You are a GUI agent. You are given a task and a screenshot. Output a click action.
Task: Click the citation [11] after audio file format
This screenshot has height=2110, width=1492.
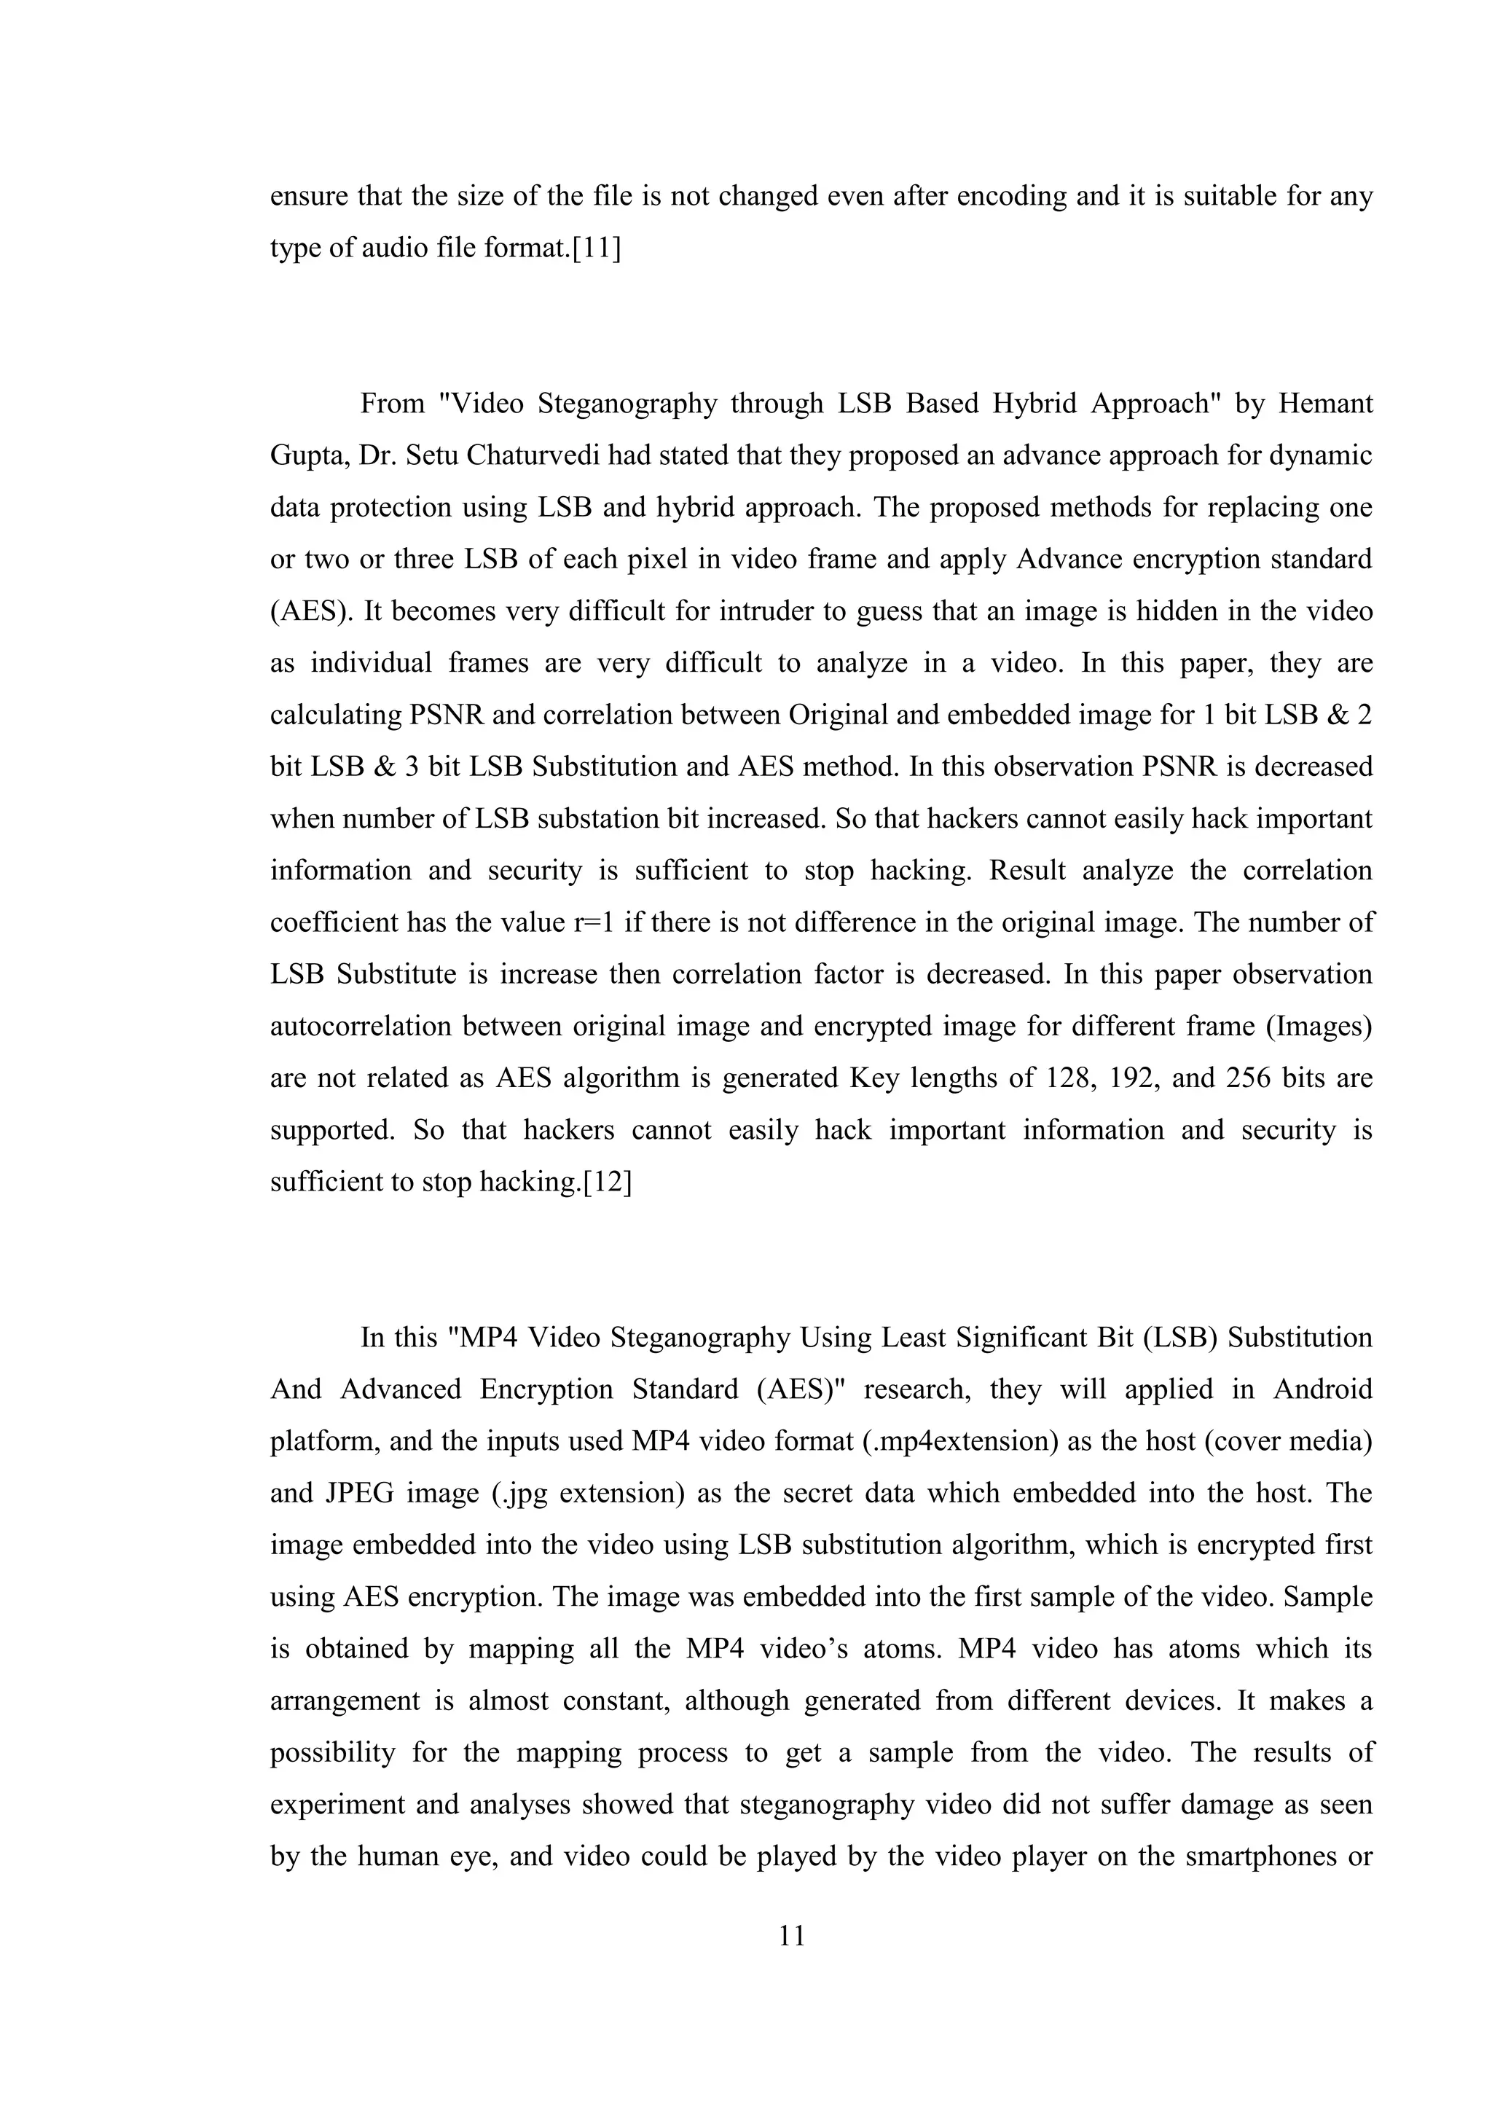(595, 248)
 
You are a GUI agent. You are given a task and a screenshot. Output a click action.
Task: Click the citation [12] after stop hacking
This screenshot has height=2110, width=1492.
(608, 1182)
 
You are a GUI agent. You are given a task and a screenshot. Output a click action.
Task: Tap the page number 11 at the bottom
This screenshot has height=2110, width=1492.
(792, 1937)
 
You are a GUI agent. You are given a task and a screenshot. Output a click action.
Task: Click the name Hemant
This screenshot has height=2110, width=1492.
(1324, 404)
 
